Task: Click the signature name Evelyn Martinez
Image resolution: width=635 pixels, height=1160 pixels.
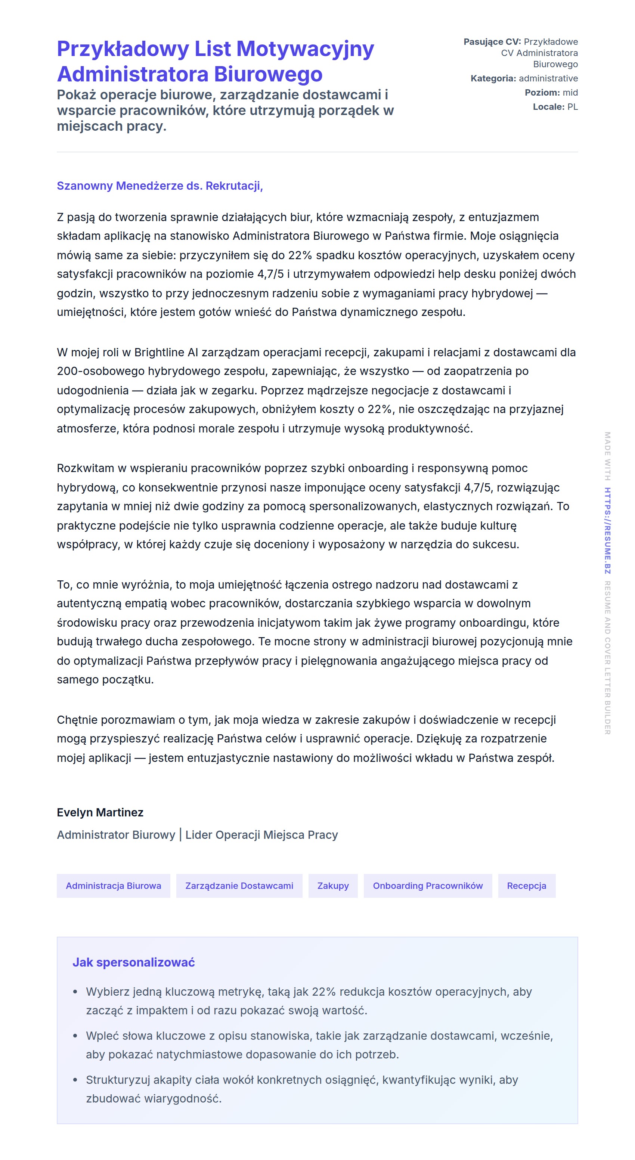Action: (x=100, y=812)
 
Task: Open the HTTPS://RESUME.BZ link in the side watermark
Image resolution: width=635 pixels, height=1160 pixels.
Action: (x=607, y=530)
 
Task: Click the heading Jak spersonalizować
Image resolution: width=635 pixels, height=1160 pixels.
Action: (x=134, y=962)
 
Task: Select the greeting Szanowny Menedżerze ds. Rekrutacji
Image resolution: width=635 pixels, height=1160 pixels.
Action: (x=159, y=186)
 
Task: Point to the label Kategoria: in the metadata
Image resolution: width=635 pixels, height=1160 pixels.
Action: (x=493, y=78)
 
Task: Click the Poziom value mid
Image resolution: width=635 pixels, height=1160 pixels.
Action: (x=570, y=93)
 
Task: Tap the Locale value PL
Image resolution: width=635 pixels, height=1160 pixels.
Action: (x=572, y=107)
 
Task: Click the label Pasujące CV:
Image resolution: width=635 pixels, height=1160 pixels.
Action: (x=492, y=42)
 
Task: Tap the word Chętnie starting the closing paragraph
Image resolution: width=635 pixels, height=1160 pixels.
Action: (x=77, y=720)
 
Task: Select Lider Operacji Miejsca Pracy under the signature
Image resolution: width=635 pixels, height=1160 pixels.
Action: (x=261, y=835)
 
